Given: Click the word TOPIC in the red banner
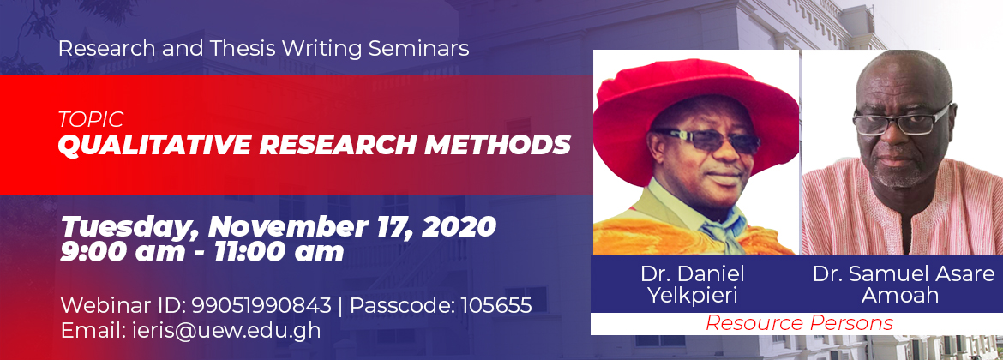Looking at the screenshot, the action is point(91,119).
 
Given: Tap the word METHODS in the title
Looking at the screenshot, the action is point(498,145).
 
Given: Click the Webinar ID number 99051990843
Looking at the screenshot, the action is point(261,305).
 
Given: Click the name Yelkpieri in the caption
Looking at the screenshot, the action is point(692,296).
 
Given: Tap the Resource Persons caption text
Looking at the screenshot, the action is point(799,323).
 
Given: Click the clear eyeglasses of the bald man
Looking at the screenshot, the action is point(902,122).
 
